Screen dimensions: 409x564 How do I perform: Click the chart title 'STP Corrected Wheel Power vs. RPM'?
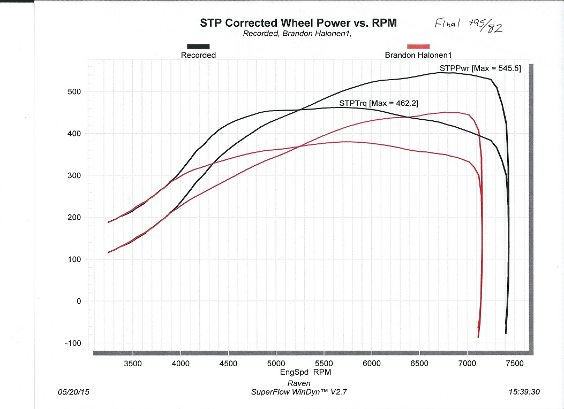(299, 22)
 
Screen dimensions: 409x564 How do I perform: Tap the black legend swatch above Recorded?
(198, 47)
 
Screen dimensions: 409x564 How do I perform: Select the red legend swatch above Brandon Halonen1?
(418, 47)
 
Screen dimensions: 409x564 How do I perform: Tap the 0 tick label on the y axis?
(78, 302)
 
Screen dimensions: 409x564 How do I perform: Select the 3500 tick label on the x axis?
(133, 364)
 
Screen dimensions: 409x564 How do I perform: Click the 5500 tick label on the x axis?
(324, 364)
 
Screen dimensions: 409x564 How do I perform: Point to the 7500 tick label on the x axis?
(514, 364)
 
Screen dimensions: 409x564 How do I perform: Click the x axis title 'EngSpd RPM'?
(305, 372)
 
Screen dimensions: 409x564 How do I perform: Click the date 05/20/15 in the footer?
(73, 392)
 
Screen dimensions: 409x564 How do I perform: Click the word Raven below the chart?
(298, 383)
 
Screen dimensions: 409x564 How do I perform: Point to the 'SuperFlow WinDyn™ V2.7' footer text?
(302, 392)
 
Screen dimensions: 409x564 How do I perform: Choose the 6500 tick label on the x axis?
(419, 364)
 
